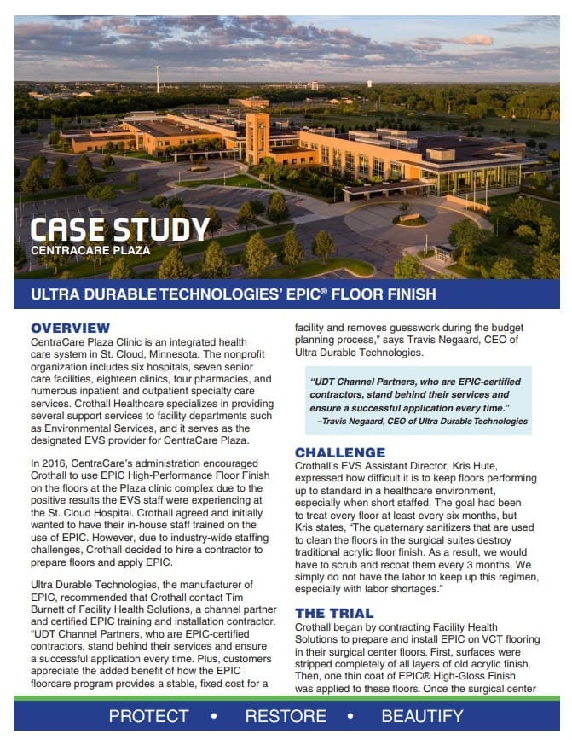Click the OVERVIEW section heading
tap(71, 328)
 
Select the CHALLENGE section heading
tap(340, 452)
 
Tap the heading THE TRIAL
tap(334, 613)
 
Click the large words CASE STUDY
tap(120, 230)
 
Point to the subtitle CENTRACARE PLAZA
tap(90, 251)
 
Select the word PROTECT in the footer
tap(149, 716)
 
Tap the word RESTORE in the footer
tap(286, 716)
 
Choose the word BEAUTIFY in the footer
tap(423, 716)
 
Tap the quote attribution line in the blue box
tap(423, 421)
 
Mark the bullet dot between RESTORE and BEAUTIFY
tap(355, 716)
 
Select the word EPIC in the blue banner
tap(268, 295)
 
